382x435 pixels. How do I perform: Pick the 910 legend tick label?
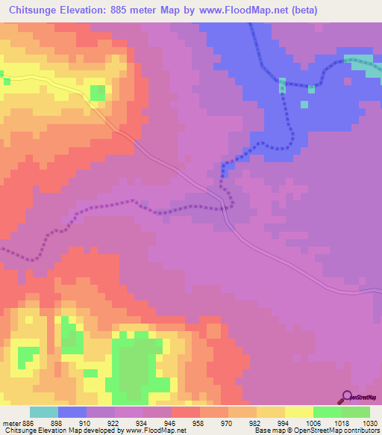coord(87,423)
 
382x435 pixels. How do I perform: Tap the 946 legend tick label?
coord(172,423)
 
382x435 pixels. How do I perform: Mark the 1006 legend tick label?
coord(313,423)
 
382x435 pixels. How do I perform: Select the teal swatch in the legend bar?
coord(44,412)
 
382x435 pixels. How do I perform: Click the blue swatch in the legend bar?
coord(72,412)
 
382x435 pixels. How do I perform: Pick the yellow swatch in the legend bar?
coord(298,412)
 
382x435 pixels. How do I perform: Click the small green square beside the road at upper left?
coord(97,93)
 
